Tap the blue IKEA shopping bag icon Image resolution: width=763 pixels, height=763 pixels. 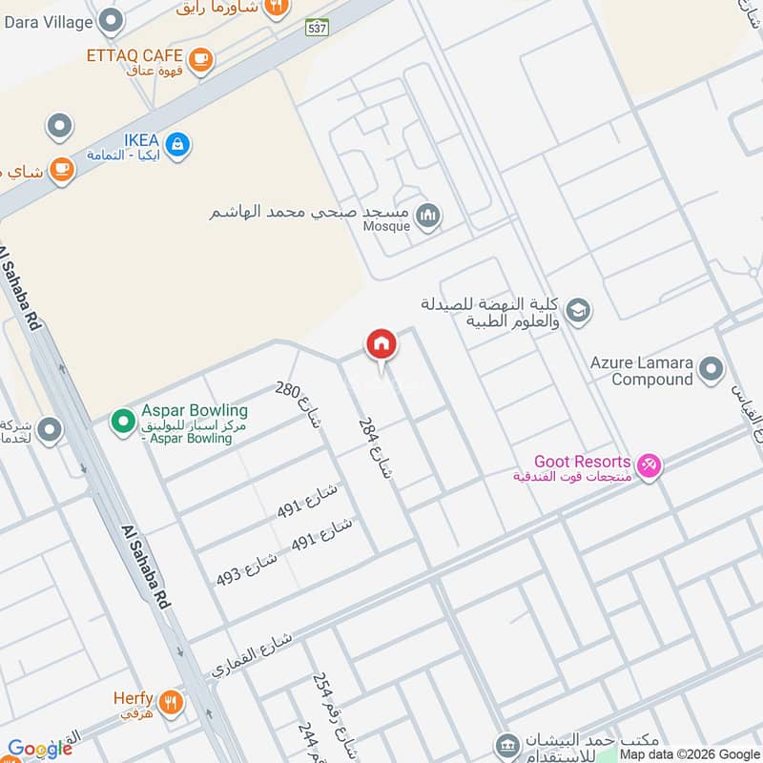click(x=176, y=145)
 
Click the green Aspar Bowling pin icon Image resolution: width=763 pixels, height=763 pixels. click(x=122, y=419)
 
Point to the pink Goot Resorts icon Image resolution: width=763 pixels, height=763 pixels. click(x=650, y=465)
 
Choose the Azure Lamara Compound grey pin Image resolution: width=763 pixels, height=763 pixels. click(x=711, y=368)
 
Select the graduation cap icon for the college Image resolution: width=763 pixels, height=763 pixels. click(x=577, y=311)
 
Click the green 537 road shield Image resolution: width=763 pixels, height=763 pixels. click(x=318, y=28)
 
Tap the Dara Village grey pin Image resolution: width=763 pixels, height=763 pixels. click(x=112, y=20)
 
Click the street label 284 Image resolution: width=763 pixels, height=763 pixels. click(x=375, y=448)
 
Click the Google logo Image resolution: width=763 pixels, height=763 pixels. click(x=40, y=749)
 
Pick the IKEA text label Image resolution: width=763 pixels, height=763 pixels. click(x=140, y=139)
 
